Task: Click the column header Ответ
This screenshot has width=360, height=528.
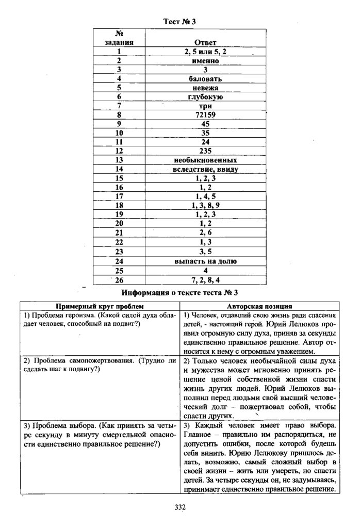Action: coord(205,42)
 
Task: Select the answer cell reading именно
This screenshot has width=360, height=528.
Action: coord(205,60)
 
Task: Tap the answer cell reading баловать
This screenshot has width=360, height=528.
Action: coord(205,79)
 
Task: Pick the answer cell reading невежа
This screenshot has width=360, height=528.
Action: coord(205,88)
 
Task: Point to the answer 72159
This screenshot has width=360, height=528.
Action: coord(205,114)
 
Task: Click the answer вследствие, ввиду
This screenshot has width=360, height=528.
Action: coord(205,169)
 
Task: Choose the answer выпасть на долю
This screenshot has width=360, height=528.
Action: coord(205,261)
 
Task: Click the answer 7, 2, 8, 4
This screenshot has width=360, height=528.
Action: coord(205,279)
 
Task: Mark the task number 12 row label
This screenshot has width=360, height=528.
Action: coord(119,151)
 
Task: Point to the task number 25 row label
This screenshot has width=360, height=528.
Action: coord(119,270)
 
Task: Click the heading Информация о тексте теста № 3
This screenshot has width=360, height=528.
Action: coord(179,293)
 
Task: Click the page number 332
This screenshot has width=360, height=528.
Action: coord(179,507)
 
